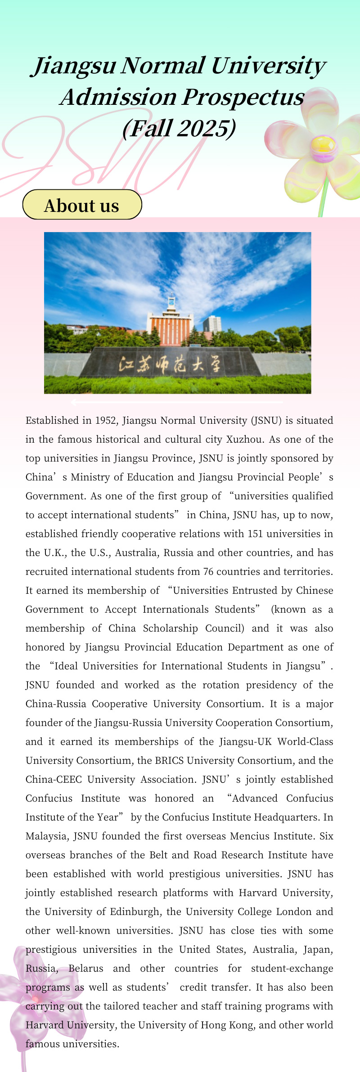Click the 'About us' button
82,205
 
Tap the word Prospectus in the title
243,97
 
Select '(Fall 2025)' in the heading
179,128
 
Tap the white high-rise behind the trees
212,324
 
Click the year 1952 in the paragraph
105,421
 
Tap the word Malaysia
46,836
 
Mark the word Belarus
85,969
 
